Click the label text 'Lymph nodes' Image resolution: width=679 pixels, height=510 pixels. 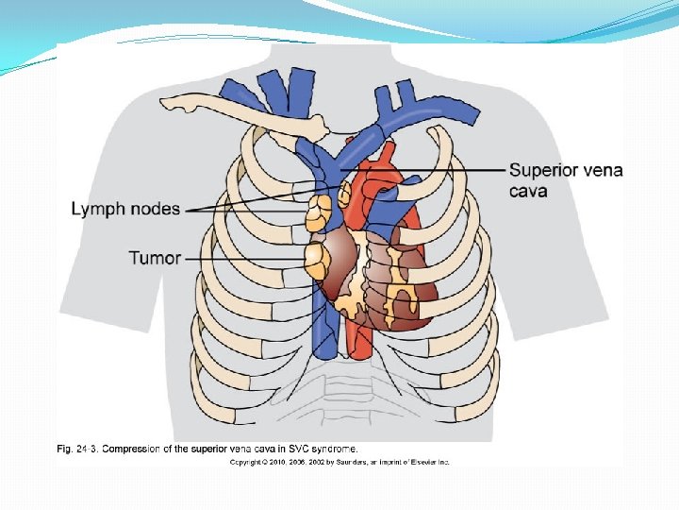125,209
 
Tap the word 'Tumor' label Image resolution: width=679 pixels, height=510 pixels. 155,257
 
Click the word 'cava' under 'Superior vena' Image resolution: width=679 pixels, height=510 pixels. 528,191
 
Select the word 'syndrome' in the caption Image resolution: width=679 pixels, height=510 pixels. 331,449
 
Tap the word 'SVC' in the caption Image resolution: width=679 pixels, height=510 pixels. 289,449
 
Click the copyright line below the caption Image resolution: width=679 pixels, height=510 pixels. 339,462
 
